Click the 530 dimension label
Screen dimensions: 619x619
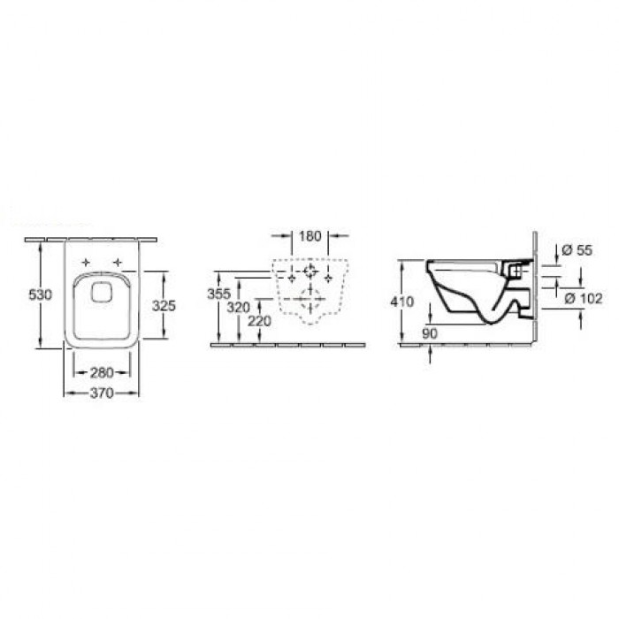41,294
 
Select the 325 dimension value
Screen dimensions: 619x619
164,305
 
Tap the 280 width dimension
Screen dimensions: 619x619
102,372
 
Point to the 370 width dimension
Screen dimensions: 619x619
102,393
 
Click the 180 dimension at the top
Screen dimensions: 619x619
309,236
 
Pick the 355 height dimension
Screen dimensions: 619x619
218,294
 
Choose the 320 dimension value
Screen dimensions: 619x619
239,307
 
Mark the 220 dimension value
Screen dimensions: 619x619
259,321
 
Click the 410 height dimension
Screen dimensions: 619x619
401,302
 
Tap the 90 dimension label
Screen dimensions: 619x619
430,333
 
